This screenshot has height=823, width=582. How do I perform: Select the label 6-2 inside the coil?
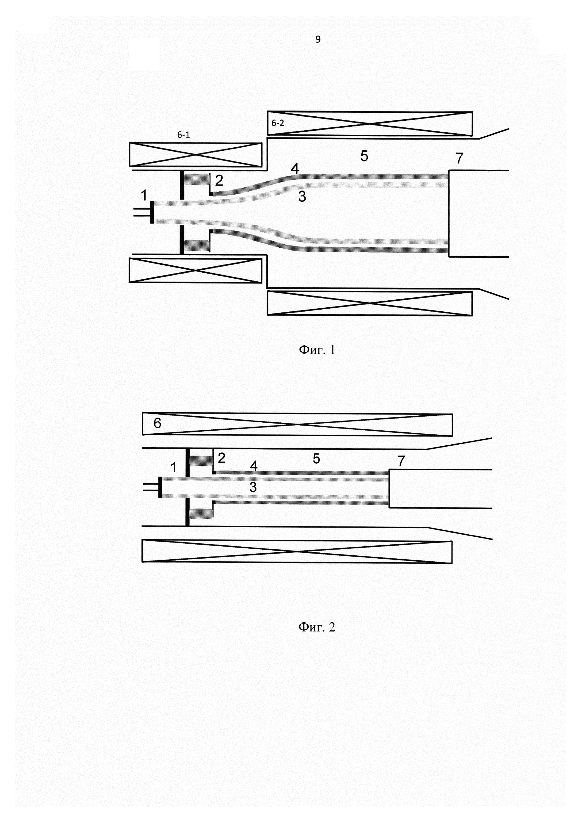(277, 123)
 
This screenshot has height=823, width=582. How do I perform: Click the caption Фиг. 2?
(317, 627)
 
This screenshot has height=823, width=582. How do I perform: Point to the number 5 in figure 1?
(364, 156)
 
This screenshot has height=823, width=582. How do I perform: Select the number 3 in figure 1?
(302, 196)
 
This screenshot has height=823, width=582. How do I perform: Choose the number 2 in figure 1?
(219, 180)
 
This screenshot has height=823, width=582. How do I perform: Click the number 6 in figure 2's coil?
(157, 423)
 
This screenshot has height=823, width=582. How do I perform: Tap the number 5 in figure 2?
(316, 459)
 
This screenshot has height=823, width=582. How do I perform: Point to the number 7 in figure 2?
(401, 461)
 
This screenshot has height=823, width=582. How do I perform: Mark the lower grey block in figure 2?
(201, 513)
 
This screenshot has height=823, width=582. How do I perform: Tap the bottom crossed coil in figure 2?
(297, 551)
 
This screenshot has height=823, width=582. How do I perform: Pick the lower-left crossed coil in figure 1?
(195, 270)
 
